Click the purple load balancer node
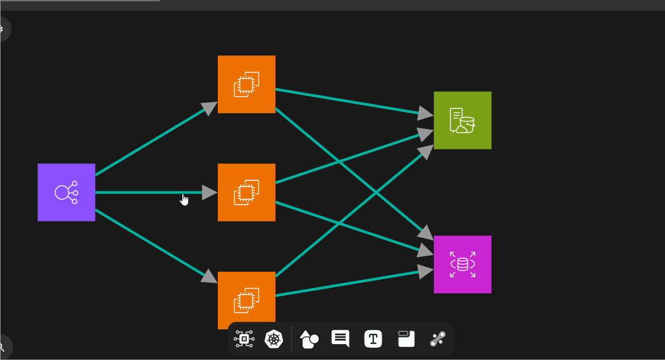(x=66, y=192)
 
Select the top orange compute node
(x=246, y=84)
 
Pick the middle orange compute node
(x=246, y=192)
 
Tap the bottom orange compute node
(x=246, y=300)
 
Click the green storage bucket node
(x=463, y=121)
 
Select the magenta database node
(x=463, y=264)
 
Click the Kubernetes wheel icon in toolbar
(x=274, y=339)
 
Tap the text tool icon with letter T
(x=373, y=339)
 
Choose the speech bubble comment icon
(x=340, y=338)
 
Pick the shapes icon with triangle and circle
(x=309, y=339)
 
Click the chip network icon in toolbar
(x=244, y=339)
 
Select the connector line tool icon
(x=438, y=339)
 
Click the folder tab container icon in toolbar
(x=406, y=339)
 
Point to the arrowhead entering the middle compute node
(x=210, y=192)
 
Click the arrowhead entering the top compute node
(x=210, y=107)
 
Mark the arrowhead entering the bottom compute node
(x=210, y=277)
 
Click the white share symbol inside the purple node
(x=66, y=192)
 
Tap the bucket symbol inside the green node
(x=467, y=125)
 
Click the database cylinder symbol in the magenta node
(x=463, y=264)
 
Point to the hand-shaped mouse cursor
(x=184, y=199)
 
